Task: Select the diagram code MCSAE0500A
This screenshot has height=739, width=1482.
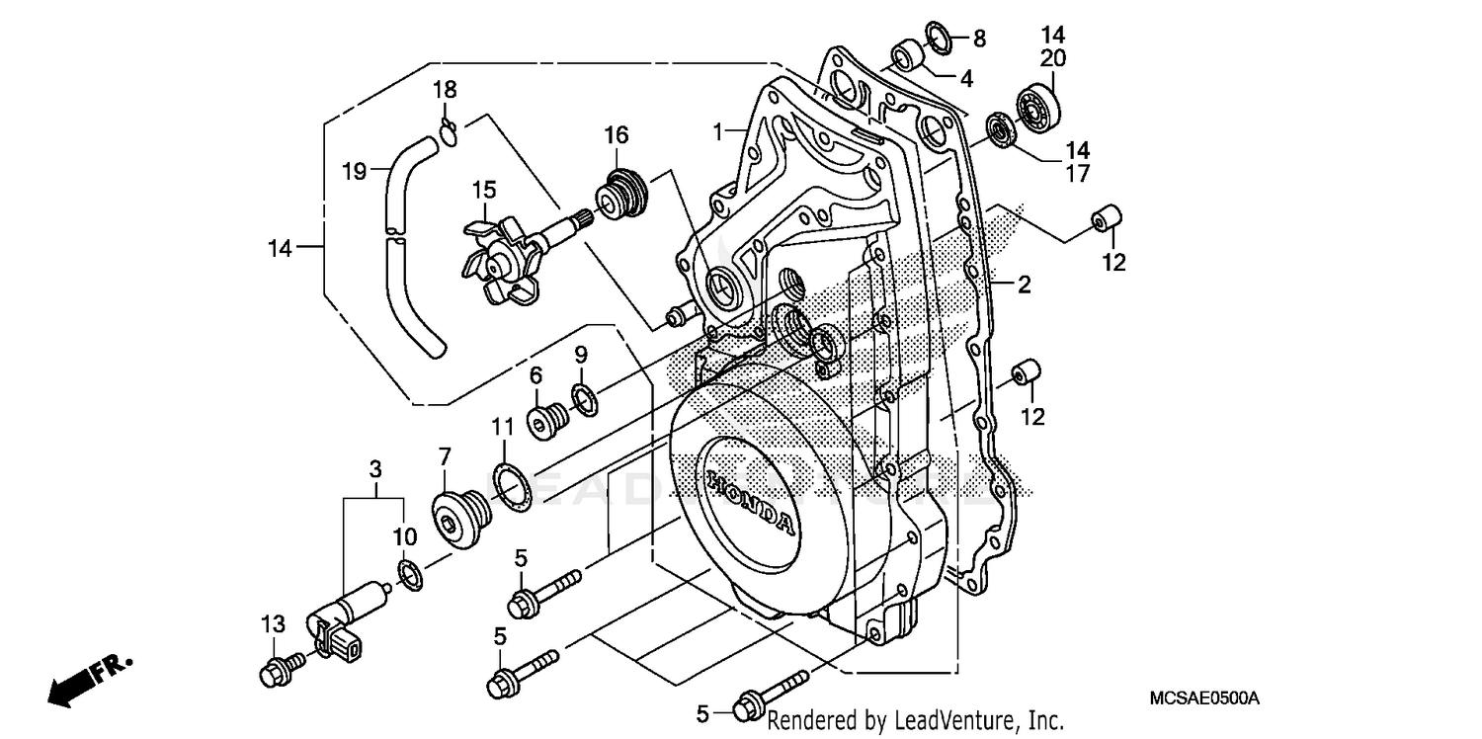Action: (1204, 698)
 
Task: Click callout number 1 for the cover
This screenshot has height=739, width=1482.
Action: (723, 129)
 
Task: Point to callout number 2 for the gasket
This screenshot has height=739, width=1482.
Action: (1025, 286)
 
